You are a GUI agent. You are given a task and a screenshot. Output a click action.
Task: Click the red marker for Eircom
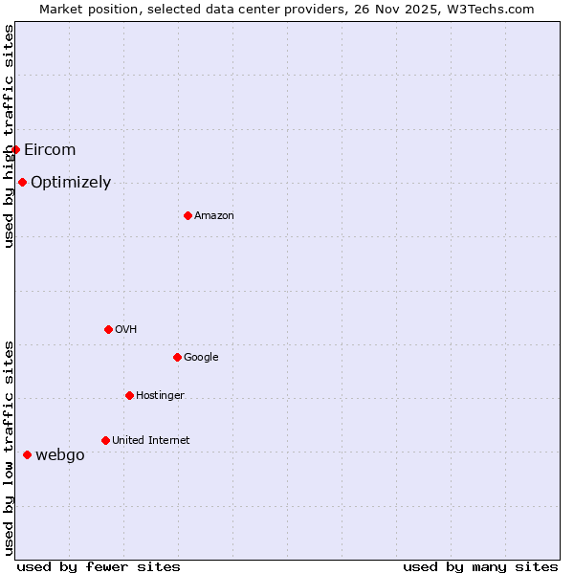15,149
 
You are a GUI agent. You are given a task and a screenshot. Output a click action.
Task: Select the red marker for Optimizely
22,182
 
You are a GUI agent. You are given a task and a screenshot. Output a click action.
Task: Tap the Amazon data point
188,215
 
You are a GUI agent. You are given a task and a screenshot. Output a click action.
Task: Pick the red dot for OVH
108,329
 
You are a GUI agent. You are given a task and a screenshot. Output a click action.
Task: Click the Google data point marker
177,357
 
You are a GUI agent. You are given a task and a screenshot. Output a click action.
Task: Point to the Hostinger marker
129,395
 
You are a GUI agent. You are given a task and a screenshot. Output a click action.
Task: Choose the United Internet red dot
105,440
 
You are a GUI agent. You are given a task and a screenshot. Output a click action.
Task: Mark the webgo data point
27,454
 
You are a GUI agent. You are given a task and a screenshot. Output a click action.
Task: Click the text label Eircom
50,149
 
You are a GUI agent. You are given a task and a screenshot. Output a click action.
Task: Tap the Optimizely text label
71,182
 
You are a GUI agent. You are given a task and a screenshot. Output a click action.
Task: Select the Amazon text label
214,215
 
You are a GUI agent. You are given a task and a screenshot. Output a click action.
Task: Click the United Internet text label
151,440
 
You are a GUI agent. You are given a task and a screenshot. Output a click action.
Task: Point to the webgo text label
60,454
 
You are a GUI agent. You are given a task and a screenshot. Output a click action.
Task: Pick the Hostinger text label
160,395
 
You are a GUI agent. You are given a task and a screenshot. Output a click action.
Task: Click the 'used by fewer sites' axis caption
99,566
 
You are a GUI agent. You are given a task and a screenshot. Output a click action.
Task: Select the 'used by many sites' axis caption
480,566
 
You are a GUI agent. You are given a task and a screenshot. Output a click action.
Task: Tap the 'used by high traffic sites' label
9,136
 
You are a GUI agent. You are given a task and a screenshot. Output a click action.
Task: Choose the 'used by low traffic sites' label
9,448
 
